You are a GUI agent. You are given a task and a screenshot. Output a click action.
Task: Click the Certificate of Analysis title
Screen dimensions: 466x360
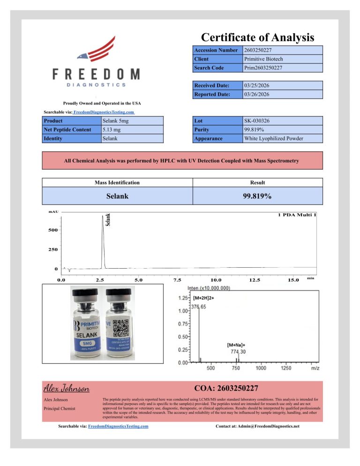(x=257, y=37)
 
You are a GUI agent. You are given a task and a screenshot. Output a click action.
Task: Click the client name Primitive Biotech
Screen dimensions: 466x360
(x=263, y=59)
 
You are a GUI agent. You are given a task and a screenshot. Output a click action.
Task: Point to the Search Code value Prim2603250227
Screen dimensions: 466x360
(x=263, y=68)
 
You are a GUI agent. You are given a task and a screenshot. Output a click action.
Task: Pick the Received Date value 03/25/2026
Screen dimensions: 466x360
(x=257, y=85)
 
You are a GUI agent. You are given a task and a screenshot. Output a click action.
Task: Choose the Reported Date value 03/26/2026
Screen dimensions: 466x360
(x=257, y=94)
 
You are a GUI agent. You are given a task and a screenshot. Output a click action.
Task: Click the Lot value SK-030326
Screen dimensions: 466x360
(x=257, y=121)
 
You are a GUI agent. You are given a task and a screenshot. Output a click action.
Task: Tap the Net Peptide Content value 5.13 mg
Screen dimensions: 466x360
(x=112, y=130)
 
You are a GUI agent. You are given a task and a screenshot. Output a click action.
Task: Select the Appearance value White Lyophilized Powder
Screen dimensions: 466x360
(x=274, y=139)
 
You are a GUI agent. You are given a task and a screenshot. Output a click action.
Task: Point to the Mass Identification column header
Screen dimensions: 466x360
(x=117, y=182)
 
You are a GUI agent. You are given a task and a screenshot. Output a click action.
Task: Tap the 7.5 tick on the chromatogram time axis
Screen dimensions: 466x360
(x=177, y=280)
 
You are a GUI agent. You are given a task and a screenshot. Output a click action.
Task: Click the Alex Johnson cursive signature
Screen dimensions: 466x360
(x=66, y=388)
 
